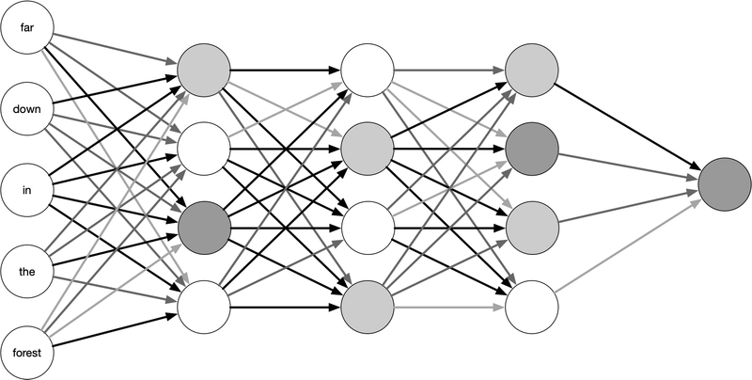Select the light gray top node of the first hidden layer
pos(204,69)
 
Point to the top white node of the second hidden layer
pos(368,69)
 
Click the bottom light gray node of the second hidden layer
pos(368,306)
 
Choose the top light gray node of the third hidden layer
pos(532,69)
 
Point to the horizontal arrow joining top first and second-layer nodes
pos(286,69)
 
